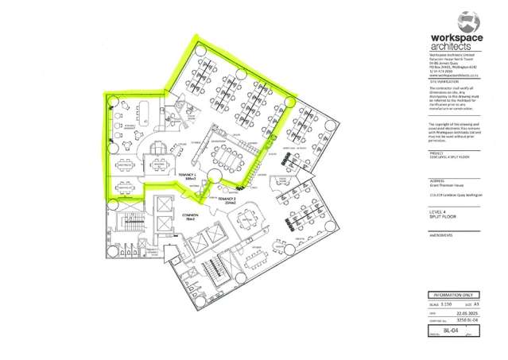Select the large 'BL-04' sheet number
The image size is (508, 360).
click(x=451, y=328)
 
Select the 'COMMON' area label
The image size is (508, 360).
click(x=188, y=216)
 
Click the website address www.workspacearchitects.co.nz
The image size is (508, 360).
click(x=452, y=76)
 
